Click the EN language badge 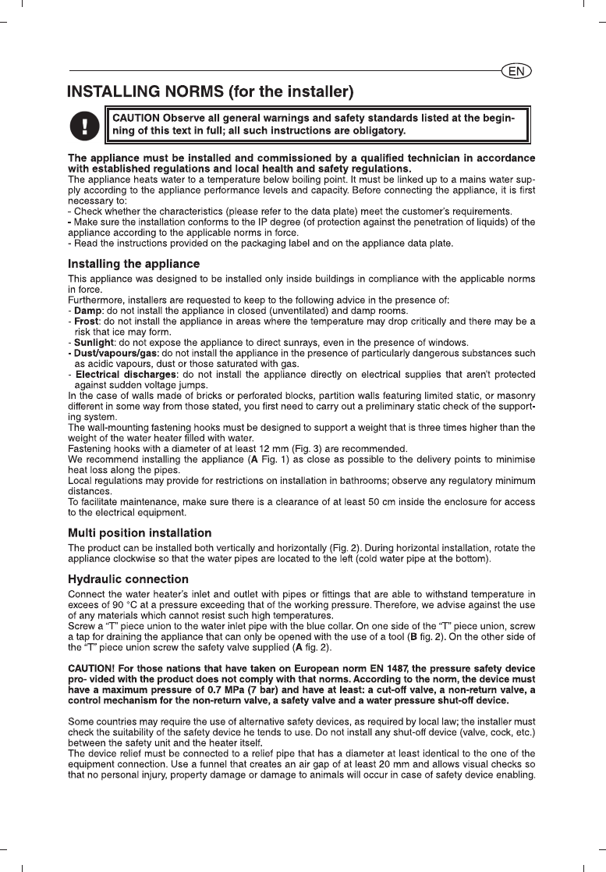516,71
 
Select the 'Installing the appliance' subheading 134,264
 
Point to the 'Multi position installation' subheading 140,532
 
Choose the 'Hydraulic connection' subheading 129,579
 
